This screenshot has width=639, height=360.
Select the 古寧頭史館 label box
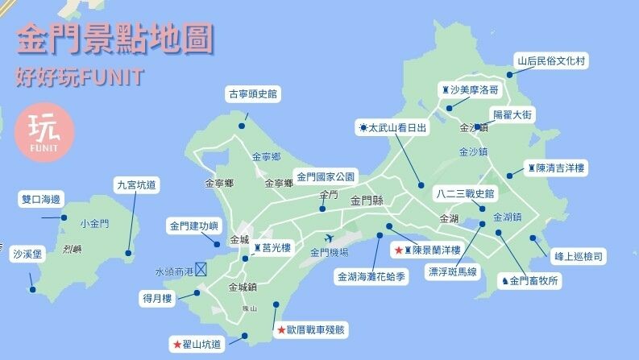point(252,94)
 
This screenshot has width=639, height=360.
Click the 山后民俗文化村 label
point(554,60)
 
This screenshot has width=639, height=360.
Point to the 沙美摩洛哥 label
point(470,89)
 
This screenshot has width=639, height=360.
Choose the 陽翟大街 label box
point(512,115)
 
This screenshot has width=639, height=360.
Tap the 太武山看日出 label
point(392,128)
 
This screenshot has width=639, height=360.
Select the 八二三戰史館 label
point(465,193)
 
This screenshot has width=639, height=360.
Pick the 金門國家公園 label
point(326,176)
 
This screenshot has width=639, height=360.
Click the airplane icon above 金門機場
point(329,238)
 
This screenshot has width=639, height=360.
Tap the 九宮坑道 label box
point(136,184)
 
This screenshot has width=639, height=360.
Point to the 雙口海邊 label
point(40,199)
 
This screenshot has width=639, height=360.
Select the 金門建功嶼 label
point(193,226)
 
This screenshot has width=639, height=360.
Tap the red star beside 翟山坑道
point(177,345)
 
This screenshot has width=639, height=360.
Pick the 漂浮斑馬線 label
point(452,272)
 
